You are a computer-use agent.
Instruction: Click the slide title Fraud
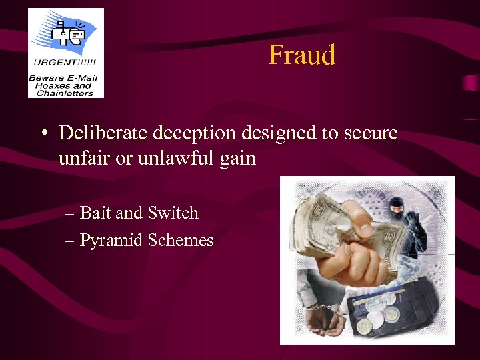(302, 55)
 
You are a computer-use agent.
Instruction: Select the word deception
(194, 133)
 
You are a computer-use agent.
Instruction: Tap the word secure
(370, 133)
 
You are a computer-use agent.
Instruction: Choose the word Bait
(95, 213)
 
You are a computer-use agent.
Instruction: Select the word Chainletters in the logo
(65, 93)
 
